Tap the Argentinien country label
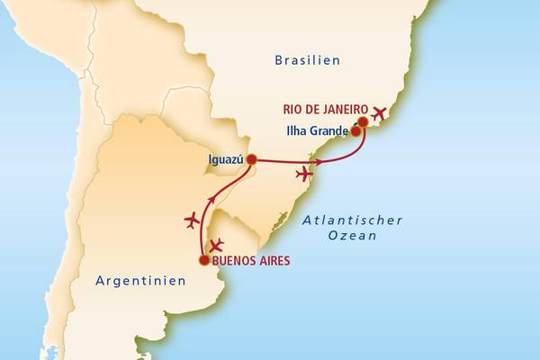[x=140, y=281]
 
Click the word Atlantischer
[x=352, y=220]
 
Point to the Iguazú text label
[x=226, y=159]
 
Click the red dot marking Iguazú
[x=252, y=159]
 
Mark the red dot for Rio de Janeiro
[x=363, y=121]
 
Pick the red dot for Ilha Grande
[x=356, y=131]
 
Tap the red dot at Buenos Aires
[x=204, y=261]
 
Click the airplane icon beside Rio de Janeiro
[x=379, y=113]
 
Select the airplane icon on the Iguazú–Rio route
[x=306, y=174]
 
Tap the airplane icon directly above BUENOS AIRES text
[x=216, y=245]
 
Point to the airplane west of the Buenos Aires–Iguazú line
[x=192, y=219]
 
